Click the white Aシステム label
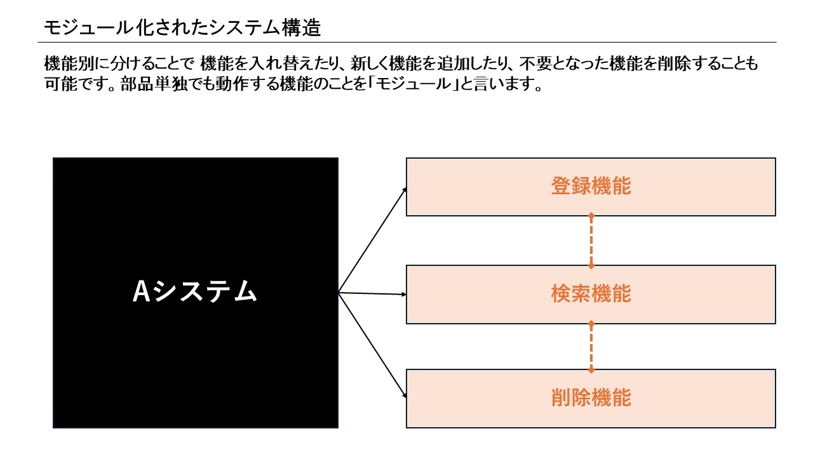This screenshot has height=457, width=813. point(195,292)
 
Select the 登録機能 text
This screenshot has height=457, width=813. point(591,187)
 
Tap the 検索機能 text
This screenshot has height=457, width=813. point(591,294)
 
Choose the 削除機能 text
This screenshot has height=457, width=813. point(591,398)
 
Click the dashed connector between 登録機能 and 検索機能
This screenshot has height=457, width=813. point(591,241)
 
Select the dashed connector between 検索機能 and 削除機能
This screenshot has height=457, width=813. point(591,347)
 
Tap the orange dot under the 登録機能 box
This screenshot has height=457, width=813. point(591,216)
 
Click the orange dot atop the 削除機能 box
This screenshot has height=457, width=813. point(591,369)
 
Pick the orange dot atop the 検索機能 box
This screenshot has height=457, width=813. point(591,265)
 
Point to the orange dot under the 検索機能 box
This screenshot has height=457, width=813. point(591,324)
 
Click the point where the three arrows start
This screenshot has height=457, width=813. point(339,293)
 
